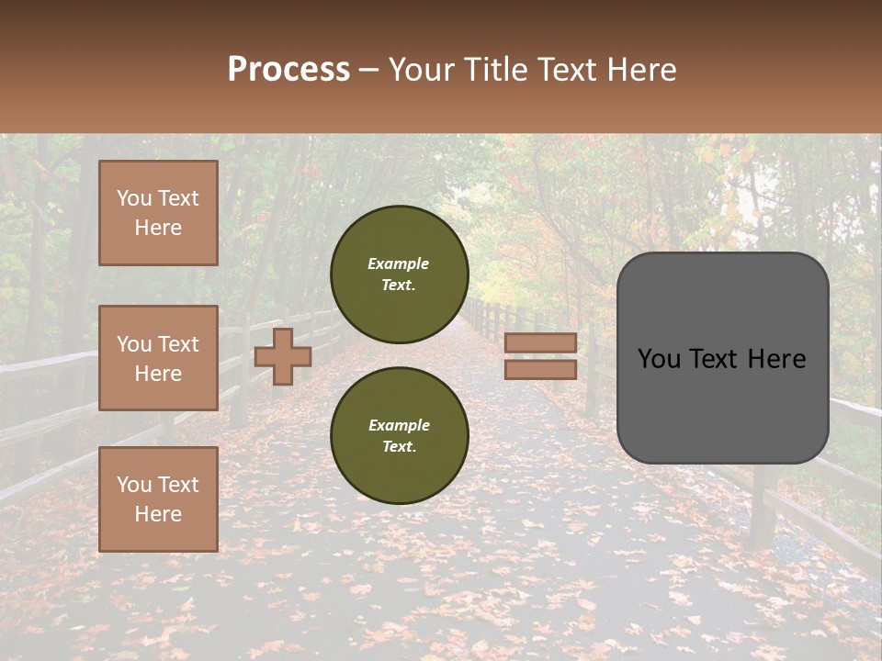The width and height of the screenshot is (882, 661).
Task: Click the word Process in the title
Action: (288, 69)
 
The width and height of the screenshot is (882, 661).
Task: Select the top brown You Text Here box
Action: (158, 213)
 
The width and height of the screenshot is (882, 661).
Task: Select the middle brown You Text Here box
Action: (158, 358)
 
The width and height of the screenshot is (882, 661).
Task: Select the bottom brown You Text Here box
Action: (158, 499)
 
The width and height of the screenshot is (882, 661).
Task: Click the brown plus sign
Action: (283, 356)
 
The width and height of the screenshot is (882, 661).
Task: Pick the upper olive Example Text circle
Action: (400, 274)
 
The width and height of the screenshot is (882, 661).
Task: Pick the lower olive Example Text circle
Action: (400, 435)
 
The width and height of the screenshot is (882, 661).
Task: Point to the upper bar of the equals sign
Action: (541, 343)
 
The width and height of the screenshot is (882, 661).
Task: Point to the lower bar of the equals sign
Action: (541, 369)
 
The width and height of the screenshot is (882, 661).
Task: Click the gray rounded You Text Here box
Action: (722, 358)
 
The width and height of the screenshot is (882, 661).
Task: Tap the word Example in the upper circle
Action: (399, 263)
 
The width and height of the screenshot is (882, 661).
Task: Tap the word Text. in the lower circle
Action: (399, 446)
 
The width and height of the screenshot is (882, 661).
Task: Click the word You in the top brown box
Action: (134, 198)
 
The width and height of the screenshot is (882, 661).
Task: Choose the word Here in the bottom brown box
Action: (158, 514)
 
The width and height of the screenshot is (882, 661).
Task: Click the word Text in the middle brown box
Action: (178, 344)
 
